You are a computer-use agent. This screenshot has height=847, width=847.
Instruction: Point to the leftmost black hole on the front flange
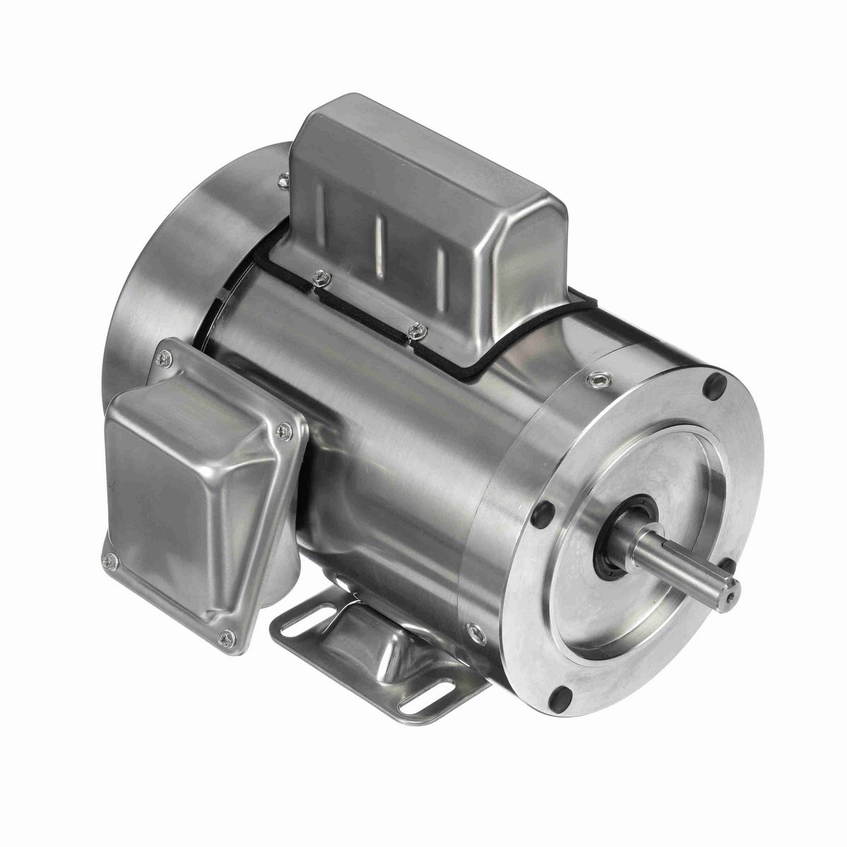click(547, 512)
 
